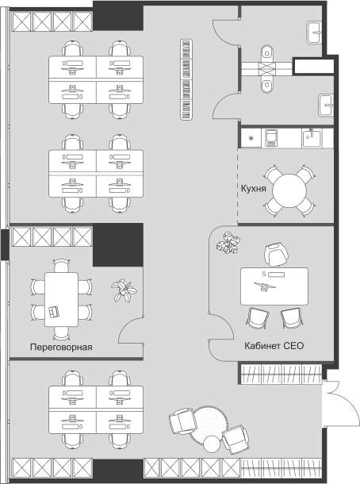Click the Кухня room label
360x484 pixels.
pyautogui.click(x=253, y=188)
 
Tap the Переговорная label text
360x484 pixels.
pyautogui.click(x=61, y=347)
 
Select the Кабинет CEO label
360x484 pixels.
pyautogui.click(x=274, y=345)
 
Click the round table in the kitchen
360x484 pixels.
pyautogui.click(x=289, y=191)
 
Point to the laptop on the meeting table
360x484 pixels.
pyautogui.click(x=54, y=312)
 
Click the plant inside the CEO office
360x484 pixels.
pyautogui.click(x=228, y=243)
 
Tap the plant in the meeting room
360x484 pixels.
pyautogui.click(x=124, y=290)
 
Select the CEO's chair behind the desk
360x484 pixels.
pyautogui.click(x=276, y=255)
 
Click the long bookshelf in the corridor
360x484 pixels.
pyautogui.click(x=186, y=79)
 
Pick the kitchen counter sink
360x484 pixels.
pyautogui.click(x=312, y=138)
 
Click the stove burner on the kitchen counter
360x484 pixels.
pyautogui.click(x=251, y=138)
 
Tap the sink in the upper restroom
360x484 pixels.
pyautogui.click(x=314, y=33)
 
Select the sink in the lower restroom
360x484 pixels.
pyautogui.click(x=325, y=106)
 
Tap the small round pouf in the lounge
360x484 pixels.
pyautogui.click(x=212, y=444)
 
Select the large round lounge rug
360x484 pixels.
pyautogui.click(x=209, y=424)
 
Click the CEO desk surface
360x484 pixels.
pyautogui.click(x=274, y=286)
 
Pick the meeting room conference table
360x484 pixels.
pyautogui.click(x=61, y=299)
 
